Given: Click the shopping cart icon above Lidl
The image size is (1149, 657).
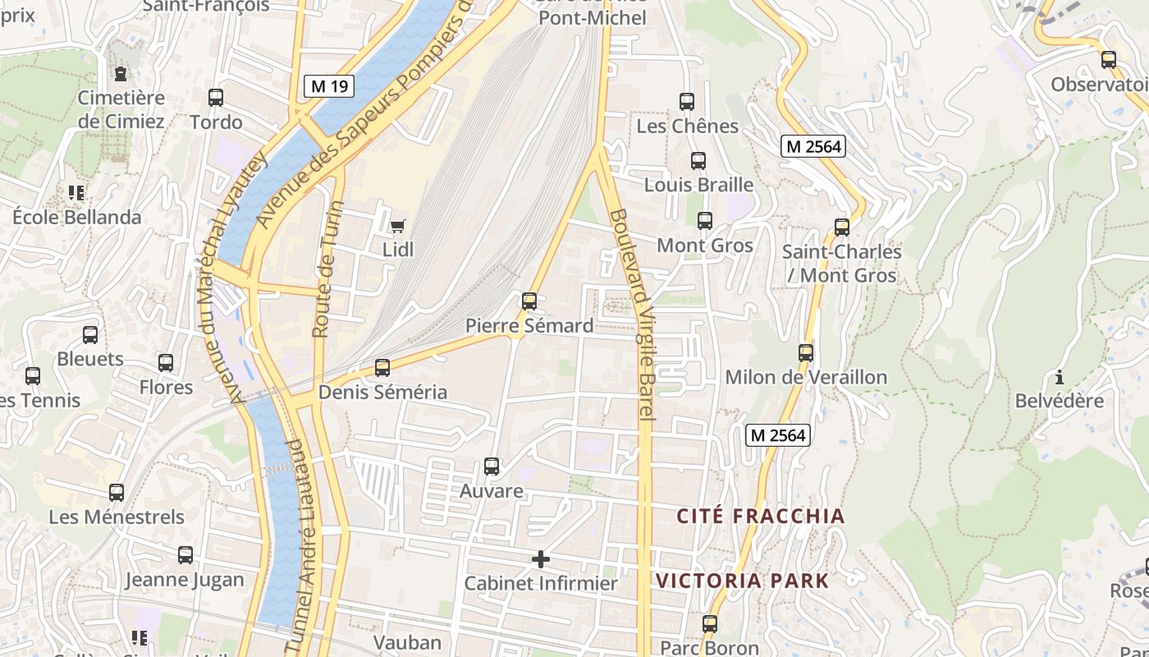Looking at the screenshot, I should pyautogui.click(x=398, y=226).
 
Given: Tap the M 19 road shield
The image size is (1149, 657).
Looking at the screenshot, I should pyautogui.click(x=329, y=85).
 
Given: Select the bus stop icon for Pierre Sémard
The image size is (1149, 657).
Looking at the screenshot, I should pyautogui.click(x=529, y=301).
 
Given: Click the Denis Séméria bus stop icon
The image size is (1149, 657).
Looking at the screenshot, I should pyautogui.click(x=382, y=368).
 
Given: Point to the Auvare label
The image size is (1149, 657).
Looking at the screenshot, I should pyautogui.click(x=492, y=491).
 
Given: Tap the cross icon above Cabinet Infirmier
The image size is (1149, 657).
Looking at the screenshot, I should pyautogui.click(x=541, y=559).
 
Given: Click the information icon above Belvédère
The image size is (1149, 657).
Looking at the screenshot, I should pyautogui.click(x=1060, y=378).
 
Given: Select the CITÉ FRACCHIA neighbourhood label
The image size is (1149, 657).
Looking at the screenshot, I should pyautogui.click(x=761, y=516).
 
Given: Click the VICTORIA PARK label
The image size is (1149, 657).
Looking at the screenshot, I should pyautogui.click(x=743, y=581).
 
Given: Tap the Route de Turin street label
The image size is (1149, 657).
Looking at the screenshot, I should pyautogui.click(x=327, y=269).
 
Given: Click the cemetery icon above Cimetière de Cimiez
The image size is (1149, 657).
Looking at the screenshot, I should pyautogui.click(x=121, y=74).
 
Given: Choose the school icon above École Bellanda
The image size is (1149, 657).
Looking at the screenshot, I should pyautogui.click(x=76, y=193).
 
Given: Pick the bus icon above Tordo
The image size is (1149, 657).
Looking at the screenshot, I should pyautogui.click(x=216, y=98).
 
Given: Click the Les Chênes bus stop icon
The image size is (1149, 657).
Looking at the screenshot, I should pyautogui.click(x=687, y=102).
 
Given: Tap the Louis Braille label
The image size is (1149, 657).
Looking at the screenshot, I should pyautogui.click(x=698, y=185).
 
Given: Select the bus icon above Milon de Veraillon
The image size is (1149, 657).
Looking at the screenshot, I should pyautogui.click(x=806, y=353).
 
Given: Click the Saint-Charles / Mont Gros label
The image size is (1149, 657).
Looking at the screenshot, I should pyautogui.click(x=842, y=263).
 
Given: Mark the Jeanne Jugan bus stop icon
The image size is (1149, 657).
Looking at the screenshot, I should pyautogui.click(x=185, y=555).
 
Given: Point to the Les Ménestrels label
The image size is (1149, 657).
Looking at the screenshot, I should pyautogui.click(x=117, y=517).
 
